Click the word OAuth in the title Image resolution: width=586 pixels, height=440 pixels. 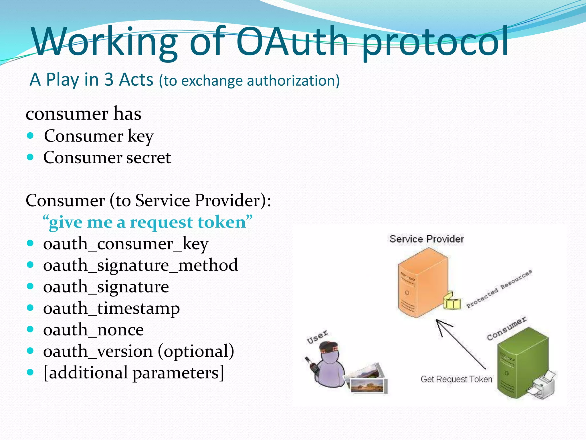point(292,42)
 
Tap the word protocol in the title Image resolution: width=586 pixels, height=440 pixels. point(435,43)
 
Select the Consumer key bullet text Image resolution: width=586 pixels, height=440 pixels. point(98,136)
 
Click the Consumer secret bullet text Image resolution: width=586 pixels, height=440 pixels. point(107,158)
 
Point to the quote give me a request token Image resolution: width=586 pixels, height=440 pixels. point(147,222)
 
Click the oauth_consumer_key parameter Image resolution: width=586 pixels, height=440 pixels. point(126,244)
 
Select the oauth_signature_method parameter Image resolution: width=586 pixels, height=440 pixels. point(140,265)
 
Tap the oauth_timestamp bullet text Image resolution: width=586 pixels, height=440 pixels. point(111,309)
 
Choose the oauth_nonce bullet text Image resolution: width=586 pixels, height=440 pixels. point(93,330)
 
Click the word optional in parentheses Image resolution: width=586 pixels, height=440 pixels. point(196,351)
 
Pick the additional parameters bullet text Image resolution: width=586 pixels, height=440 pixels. point(134,373)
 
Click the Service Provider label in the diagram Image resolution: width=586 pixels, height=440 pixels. point(426,239)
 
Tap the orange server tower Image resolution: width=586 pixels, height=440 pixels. point(422,284)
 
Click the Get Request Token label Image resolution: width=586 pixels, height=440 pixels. point(456,379)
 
